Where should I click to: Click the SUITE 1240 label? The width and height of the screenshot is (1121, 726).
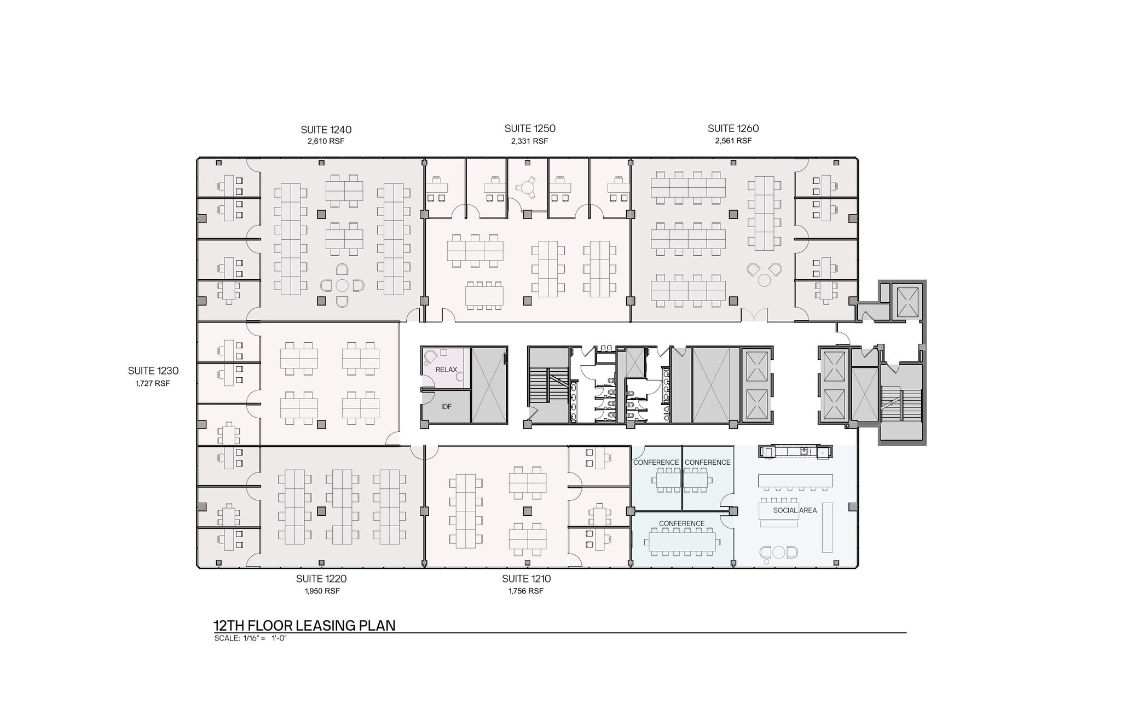[x=326, y=130]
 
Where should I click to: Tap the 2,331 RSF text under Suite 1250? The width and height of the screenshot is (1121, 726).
[x=529, y=141]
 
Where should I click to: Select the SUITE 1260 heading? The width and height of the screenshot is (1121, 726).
[x=733, y=129]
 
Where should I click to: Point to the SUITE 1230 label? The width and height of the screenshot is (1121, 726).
[x=153, y=371]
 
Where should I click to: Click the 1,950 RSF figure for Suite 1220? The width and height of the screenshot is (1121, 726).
[x=322, y=591]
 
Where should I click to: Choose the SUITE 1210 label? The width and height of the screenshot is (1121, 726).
[x=526, y=579]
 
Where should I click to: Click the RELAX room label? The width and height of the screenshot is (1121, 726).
[x=446, y=370]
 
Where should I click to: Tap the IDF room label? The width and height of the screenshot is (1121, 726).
[x=446, y=407]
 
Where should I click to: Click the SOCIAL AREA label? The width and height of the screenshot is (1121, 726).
[x=795, y=510]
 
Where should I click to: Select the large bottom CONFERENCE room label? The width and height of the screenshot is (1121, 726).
[x=681, y=523]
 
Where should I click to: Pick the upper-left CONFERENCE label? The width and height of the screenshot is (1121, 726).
[x=656, y=463]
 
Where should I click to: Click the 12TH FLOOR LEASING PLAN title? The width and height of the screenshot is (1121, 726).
[x=304, y=626]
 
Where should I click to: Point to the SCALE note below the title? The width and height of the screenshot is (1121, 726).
[x=251, y=638]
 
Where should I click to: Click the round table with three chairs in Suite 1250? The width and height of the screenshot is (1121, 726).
[x=527, y=188]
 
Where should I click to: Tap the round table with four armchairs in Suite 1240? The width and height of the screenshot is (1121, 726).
[x=342, y=285]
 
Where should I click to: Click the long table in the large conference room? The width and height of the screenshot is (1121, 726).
[x=681, y=542]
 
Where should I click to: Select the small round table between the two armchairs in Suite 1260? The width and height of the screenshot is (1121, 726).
[x=764, y=280]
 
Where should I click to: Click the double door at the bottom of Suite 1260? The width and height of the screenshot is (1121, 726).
[x=754, y=316]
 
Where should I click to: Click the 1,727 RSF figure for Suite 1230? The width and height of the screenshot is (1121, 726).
[x=153, y=383]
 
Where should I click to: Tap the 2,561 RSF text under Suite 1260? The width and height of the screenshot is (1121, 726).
[x=733, y=141]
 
